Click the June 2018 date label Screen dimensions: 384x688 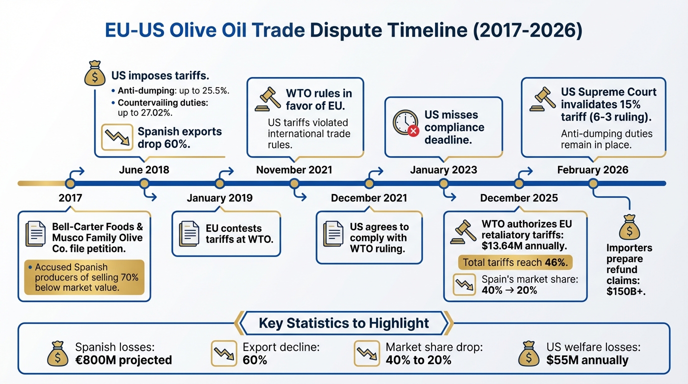(144, 170)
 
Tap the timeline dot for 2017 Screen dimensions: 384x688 (70, 183)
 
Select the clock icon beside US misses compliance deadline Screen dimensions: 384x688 (404, 122)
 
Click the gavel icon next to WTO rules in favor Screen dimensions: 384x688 (267, 99)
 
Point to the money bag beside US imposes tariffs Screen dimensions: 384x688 (95, 74)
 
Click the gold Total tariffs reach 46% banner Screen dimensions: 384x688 (516, 262)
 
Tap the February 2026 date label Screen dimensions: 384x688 (592, 170)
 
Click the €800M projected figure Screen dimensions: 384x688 (123, 360)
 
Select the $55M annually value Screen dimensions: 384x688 (587, 360)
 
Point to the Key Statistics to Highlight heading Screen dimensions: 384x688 (344, 323)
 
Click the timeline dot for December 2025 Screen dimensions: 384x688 (518, 183)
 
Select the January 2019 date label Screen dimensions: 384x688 (219, 198)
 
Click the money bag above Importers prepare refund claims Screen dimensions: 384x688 (629, 229)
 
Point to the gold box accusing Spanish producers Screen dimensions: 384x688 (84, 277)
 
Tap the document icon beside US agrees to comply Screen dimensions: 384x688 (333, 233)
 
